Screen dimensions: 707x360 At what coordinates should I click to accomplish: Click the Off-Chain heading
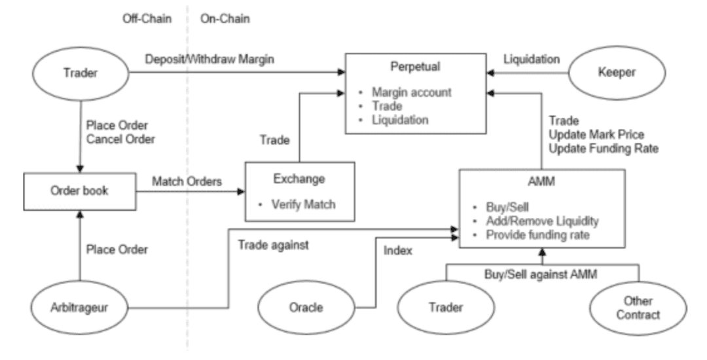(147, 18)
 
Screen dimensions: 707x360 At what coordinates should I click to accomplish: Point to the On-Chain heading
(225, 18)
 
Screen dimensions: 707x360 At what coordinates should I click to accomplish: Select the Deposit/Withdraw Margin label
(209, 59)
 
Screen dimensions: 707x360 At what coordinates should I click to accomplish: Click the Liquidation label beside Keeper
(532, 59)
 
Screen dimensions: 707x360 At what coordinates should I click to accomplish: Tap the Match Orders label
(187, 181)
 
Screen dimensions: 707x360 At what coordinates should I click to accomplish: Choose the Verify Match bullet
(304, 205)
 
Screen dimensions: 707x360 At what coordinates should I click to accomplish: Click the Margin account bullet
(411, 92)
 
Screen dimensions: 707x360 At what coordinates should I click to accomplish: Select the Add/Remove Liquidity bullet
(542, 221)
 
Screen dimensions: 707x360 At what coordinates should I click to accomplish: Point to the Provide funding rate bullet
(537, 235)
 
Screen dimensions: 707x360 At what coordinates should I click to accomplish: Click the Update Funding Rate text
(604, 149)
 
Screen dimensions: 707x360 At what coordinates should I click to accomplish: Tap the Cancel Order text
(121, 139)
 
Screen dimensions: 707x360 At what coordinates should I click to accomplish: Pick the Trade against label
(273, 245)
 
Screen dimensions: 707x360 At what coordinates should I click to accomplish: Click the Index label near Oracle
(398, 251)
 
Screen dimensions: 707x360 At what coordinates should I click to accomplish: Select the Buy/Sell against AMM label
(541, 274)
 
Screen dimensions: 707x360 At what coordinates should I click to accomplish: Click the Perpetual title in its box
(415, 67)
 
